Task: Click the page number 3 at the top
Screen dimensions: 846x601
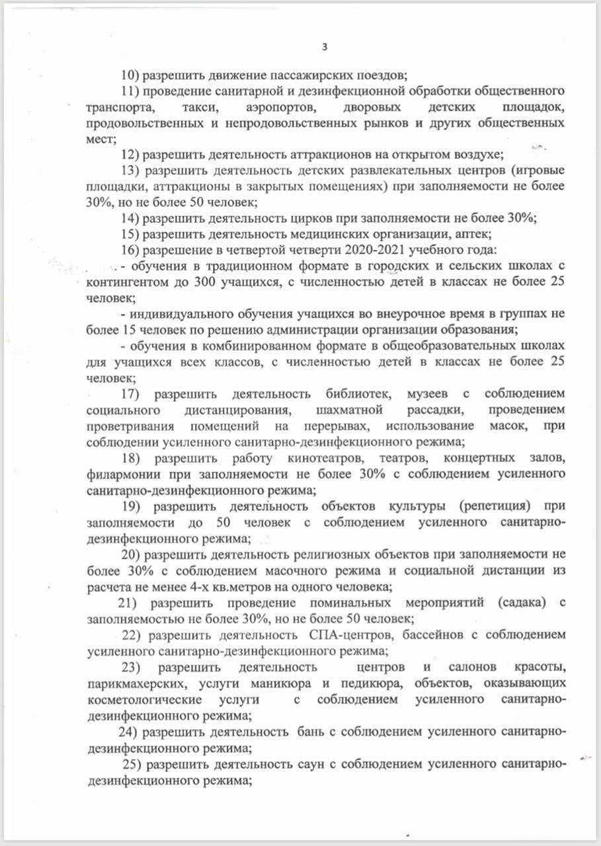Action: [324, 46]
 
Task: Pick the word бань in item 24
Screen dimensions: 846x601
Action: [311, 732]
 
